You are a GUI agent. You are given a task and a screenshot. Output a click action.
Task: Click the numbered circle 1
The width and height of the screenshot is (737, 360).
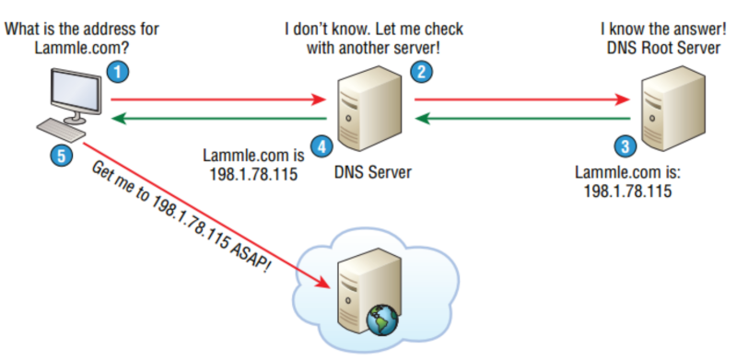point(117,70)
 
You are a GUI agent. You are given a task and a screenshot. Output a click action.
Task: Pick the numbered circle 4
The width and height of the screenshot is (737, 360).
point(320,145)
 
